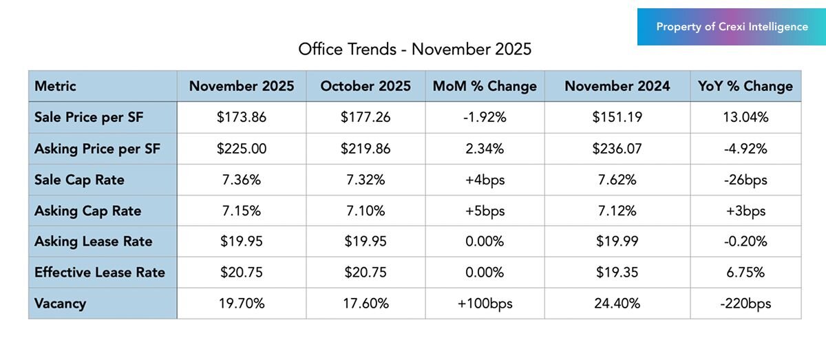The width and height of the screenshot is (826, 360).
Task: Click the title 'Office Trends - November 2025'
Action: [414, 50]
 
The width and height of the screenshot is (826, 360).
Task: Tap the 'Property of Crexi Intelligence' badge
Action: [732, 27]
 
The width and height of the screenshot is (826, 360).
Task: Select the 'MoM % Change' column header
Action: [485, 86]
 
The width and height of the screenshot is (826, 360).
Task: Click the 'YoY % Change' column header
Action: [745, 86]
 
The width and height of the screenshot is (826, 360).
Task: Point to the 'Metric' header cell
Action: [55, 86]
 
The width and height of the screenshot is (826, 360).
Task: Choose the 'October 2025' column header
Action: [366, 86]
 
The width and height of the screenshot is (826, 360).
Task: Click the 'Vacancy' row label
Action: [60, 303]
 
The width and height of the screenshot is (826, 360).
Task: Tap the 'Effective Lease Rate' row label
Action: [100, 272]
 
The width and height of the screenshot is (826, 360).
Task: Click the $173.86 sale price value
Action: [241, 117]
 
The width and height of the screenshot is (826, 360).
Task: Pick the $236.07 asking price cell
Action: [617, 149]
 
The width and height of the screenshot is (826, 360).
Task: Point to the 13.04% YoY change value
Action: [745, 117]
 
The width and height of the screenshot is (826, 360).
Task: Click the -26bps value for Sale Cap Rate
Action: [745, 180]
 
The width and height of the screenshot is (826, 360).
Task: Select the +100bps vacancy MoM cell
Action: [485, 303]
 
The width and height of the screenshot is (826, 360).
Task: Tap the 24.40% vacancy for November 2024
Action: [617, 303]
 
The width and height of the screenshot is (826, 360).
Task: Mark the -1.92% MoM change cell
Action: [485, 117]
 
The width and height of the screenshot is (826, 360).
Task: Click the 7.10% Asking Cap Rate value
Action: [366, 211]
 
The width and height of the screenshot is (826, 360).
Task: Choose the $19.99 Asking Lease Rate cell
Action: [617, 242]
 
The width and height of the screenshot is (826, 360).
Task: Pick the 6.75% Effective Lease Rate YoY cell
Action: [745, 272]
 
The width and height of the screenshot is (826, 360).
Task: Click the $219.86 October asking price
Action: [366, 149]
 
